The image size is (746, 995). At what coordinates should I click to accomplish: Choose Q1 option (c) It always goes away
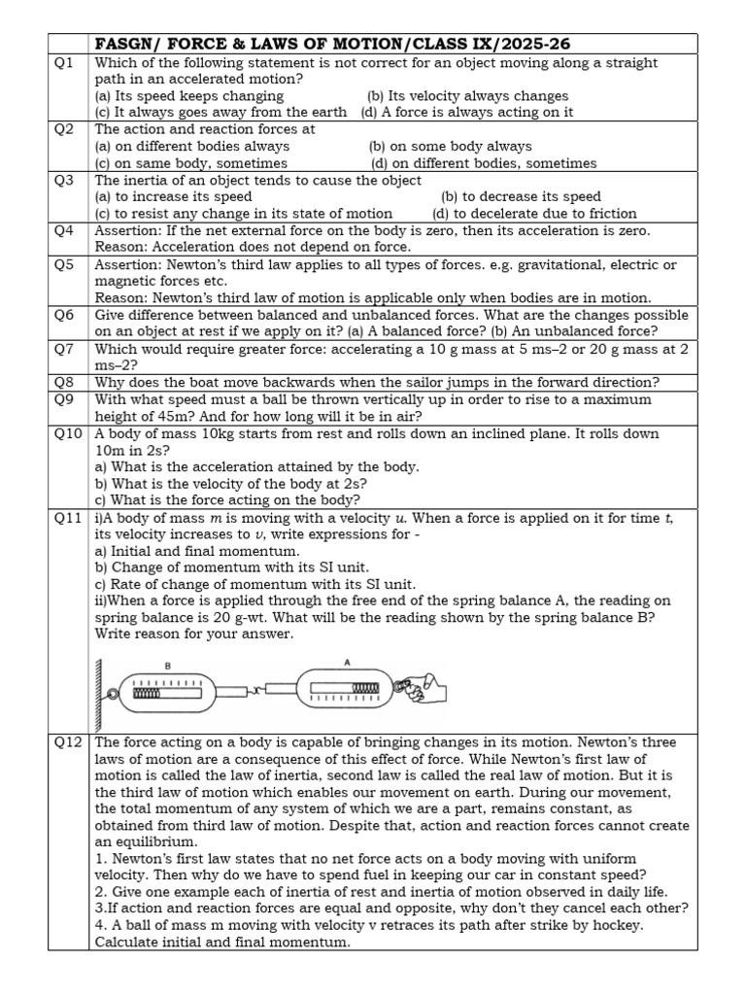point(220,112)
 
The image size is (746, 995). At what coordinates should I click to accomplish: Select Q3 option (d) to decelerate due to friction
point(534,213)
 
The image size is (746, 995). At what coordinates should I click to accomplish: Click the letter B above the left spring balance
point(168,667)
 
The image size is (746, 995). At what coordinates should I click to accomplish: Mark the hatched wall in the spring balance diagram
point(98,694)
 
